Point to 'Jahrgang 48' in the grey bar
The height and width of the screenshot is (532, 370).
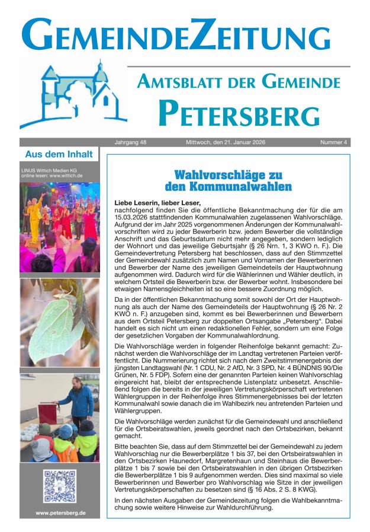(130, 142)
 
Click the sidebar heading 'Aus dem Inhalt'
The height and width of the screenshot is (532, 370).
(59, 154)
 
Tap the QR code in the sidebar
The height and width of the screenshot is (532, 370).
(59, 486)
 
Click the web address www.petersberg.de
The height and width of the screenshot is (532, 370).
(60, 512)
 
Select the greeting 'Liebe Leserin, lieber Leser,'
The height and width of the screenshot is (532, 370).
(157, 203)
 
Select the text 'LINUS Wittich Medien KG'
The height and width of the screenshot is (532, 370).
(49, 170)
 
